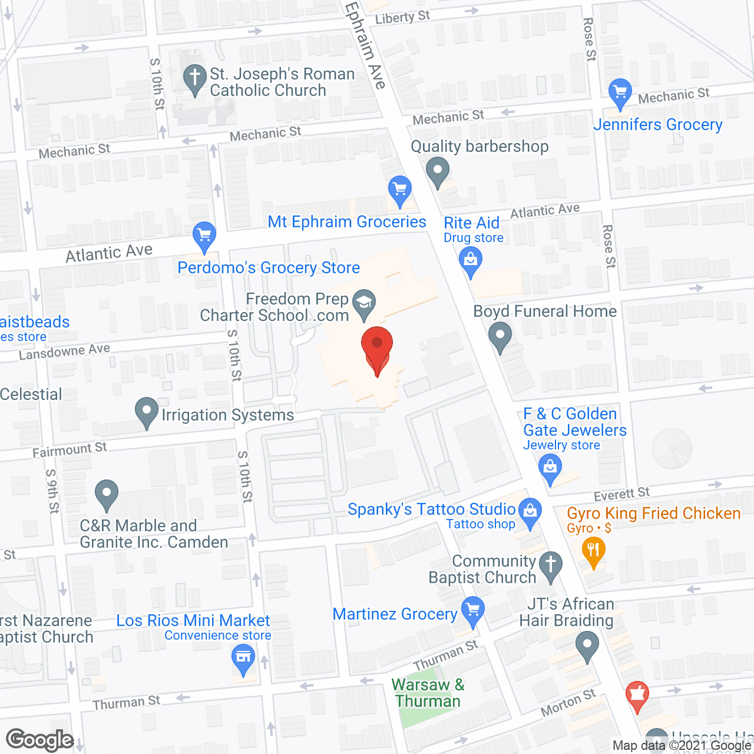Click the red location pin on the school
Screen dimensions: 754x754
pyautogui.click(x=377, y=348)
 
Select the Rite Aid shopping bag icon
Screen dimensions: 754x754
pyautogui.click(x=470, y=260)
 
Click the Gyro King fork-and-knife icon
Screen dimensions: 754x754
pyautogui.click(x=593, y=551)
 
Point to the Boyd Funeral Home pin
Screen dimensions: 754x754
pyautogui.click(x=500, y=336)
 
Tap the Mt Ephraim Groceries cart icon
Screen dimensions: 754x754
pyautogui.click(x=400, y=190)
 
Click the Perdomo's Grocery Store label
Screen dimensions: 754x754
pyautogui.click(x=269, y=268)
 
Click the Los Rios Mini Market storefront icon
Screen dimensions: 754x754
pyautogui.click(x=243, y=656)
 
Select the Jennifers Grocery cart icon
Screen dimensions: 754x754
pyautogui.click(x=620, y=92)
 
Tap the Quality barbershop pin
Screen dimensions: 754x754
pyautogui.click(x=438, y=173)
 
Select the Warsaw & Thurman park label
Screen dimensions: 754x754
pyautogui.click(x=428, y=693)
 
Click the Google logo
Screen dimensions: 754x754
pyautogui.click(x=39, y=740)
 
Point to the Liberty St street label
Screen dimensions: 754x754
pyautogui.click(x=402, y=18)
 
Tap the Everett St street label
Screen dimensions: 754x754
pyautogui.click(x=621, y=494)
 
